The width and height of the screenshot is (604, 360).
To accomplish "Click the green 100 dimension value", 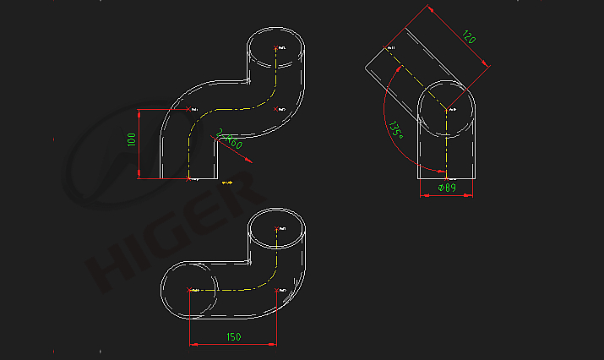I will (x=132, y=140).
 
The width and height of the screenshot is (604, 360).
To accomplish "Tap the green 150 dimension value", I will (x=233, y=336).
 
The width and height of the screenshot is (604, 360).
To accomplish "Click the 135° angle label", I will (x=395, y=129).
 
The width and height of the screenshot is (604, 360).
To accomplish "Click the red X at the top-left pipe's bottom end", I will (x=188, y=178).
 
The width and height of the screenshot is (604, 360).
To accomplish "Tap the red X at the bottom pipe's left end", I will (x=188, y=290).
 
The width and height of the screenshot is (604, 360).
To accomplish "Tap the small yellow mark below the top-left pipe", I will (x=226, y=181).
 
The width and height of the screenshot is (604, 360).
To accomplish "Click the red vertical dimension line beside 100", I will (x=140, y=144).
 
